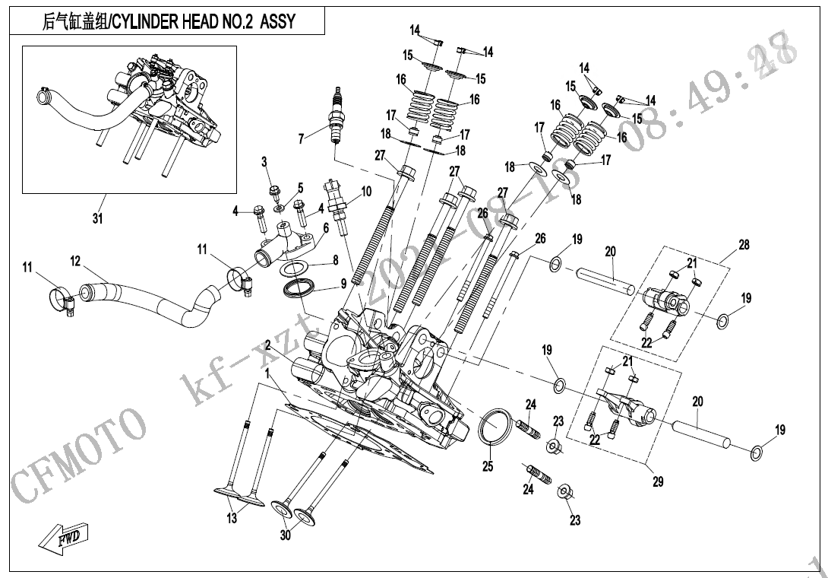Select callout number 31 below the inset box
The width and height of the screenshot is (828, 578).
[x=97, y=219]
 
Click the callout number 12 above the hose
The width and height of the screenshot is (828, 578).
[x=75, y=261]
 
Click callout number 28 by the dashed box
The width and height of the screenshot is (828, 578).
[x=744, y=245]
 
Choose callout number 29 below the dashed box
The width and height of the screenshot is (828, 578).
[x=658, y=481]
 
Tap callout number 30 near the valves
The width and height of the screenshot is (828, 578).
[x=285, y=535]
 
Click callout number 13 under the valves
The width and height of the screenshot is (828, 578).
[x=232, y=519]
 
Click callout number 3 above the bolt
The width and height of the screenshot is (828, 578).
[x=264, y=161]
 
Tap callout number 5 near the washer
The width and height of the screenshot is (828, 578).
[x=299, y=187]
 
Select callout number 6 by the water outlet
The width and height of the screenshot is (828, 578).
[x=325, y=227]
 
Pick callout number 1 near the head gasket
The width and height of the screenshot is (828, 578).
[x=267, y=373]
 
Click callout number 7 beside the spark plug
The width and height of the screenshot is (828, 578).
[x=301, y=138]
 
